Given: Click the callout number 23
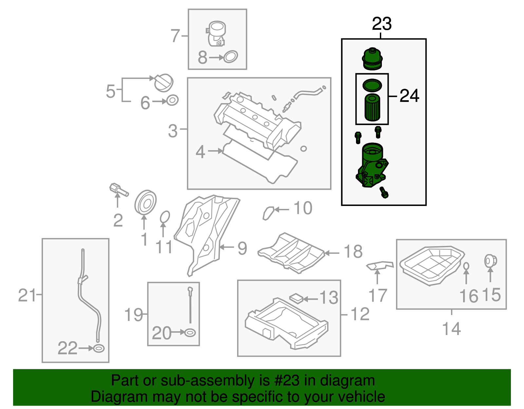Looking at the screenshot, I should tap(382, 24).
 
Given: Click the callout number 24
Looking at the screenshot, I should tap(409, 96).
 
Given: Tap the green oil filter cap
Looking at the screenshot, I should tap(372, 59).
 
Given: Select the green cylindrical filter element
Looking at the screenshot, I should tap(372, 107).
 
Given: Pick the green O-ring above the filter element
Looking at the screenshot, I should tap(372, 85).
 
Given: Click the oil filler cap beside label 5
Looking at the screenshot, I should tap(163, 83).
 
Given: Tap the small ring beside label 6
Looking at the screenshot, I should tap(173, 100).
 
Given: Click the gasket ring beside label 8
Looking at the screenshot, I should tap(231, 57).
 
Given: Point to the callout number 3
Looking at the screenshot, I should tap(173, 131).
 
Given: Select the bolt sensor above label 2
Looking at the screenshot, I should tap(118, 190).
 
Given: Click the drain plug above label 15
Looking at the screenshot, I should tap(490, 261).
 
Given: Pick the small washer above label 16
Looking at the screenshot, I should tap(466, 266).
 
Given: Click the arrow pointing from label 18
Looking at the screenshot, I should tap(332, 253).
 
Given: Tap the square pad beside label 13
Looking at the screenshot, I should tap(297, 298).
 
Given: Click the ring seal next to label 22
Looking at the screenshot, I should tap(99, 348).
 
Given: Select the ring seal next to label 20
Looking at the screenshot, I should tap(190, 333).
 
